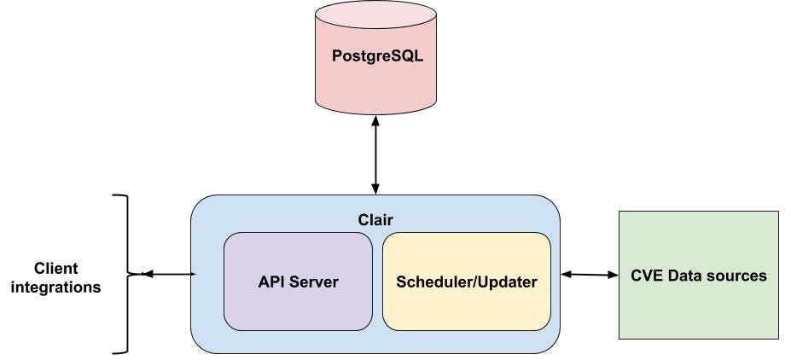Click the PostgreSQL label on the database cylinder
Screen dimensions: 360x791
coord(375,59)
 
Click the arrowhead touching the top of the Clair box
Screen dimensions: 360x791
coord(375,189)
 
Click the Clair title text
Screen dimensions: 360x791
coord(375,219)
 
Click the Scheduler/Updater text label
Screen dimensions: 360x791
coord(466,282)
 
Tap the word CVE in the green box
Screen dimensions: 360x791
coord(647,276)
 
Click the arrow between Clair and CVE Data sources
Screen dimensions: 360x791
coord(589,274)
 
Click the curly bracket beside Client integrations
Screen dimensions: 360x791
coord(125,274)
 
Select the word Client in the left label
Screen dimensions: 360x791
coord(57,268)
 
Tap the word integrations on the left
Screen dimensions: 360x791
coord(57,287)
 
